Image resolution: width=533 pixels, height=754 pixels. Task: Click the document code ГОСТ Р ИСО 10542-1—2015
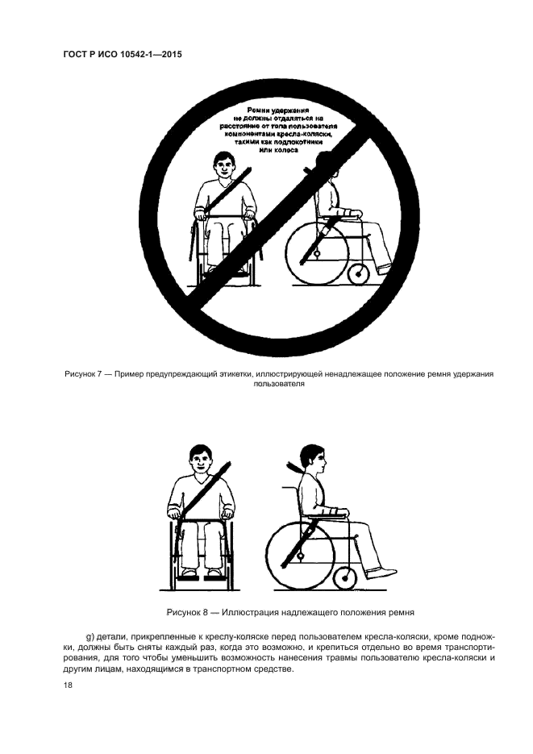click(123, 55)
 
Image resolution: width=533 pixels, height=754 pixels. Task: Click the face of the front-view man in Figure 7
click(223, 168)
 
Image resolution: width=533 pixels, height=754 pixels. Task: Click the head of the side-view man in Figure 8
click(312, 459)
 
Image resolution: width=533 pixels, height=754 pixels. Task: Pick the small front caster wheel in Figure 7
click(358, 273)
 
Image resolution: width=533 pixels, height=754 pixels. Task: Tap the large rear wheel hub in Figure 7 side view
click(317, 252)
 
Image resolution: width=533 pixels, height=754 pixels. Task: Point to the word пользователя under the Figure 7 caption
click(279, 384)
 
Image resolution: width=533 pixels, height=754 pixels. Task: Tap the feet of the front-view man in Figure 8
click(199, 573)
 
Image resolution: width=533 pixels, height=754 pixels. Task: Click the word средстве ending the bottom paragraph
click(276, 670)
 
